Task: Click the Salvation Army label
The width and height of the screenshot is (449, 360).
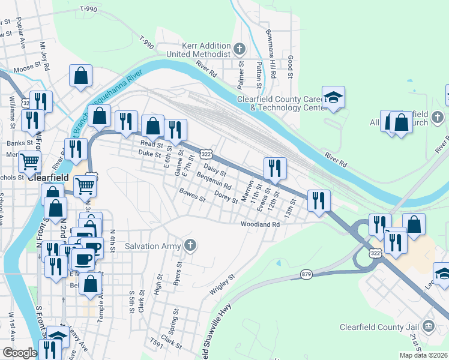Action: click(152, 245)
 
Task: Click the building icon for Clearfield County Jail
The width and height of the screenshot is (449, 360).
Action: click(428, 326)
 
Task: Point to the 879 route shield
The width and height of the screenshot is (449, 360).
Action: click(306, 275)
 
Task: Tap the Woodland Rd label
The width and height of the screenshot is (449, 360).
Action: click(261, 224)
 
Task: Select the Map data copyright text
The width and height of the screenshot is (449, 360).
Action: click(423, 355)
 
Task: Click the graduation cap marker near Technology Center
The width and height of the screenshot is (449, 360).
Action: click(333, 97)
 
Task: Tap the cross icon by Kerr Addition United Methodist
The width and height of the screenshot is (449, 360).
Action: click(238, 49)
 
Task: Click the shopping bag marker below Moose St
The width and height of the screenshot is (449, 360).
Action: click(80, 76)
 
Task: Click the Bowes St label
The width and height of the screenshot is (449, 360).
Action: click(192, 195)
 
